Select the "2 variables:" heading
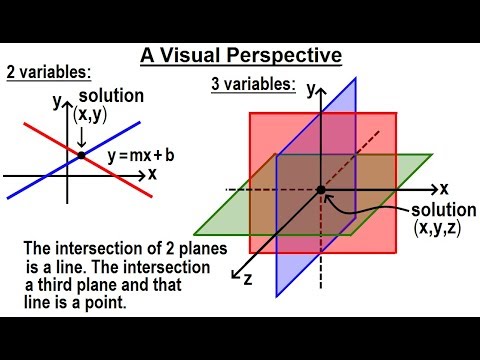click(48, 71)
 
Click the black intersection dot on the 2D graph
click(82, 156)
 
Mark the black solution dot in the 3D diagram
click(321, 189)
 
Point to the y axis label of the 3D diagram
click(311, 89)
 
